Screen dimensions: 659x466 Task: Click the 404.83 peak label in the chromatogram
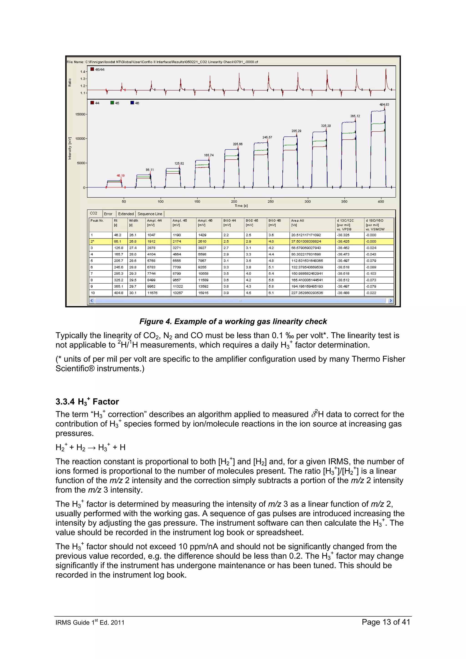(x=384, y=104)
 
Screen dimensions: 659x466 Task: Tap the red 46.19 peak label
(x=120, y=175)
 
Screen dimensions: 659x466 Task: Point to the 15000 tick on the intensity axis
(x=80, y=114)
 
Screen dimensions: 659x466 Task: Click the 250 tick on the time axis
(x=271, y=201)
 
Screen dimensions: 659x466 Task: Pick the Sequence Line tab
(x=149, y=214)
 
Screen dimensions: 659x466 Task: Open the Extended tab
(x=126, y=214)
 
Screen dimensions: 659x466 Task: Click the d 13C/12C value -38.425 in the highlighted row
(x=343, y=241)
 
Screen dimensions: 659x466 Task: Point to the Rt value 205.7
(x=118, y=261)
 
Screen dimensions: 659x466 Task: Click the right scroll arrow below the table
(x=390, y=301)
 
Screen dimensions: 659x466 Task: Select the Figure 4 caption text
(x=233, y=322)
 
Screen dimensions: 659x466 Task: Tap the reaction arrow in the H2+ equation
(x=92, y=448)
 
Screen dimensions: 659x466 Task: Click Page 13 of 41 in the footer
(x=386, y=622)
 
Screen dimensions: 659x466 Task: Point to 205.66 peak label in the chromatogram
(x=238, y=144)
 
